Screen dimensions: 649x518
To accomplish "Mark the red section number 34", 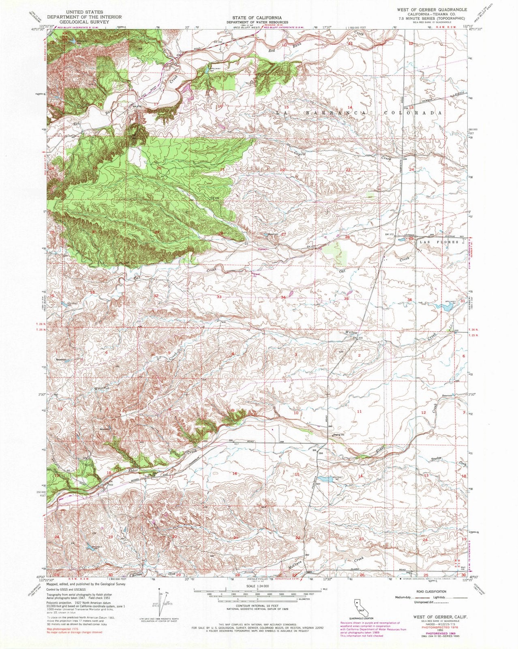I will pyautogui.click(x=284, y=298).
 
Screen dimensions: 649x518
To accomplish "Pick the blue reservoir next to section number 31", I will pyautogui.click(x=445, y=307).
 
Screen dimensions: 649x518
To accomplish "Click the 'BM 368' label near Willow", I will pyautogui.click(x=356, y=338).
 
